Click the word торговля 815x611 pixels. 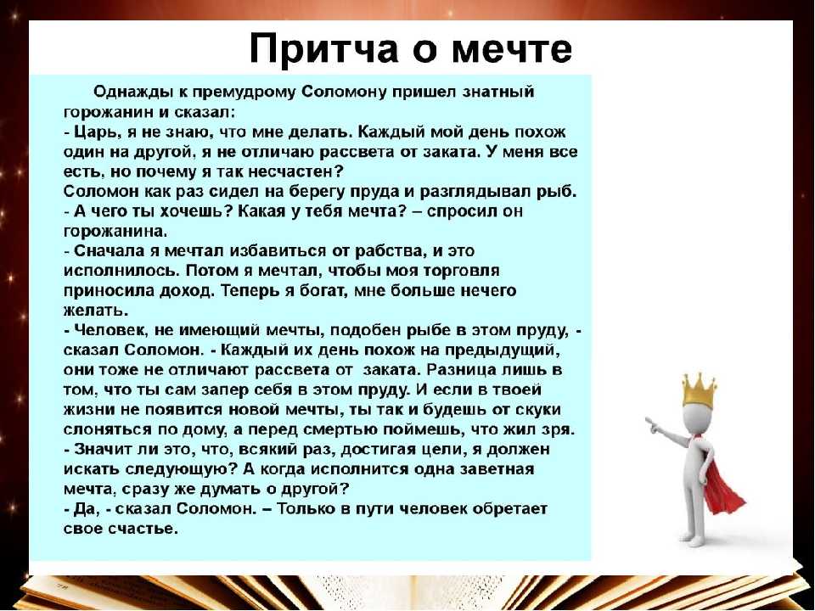(x=462, y=271)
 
